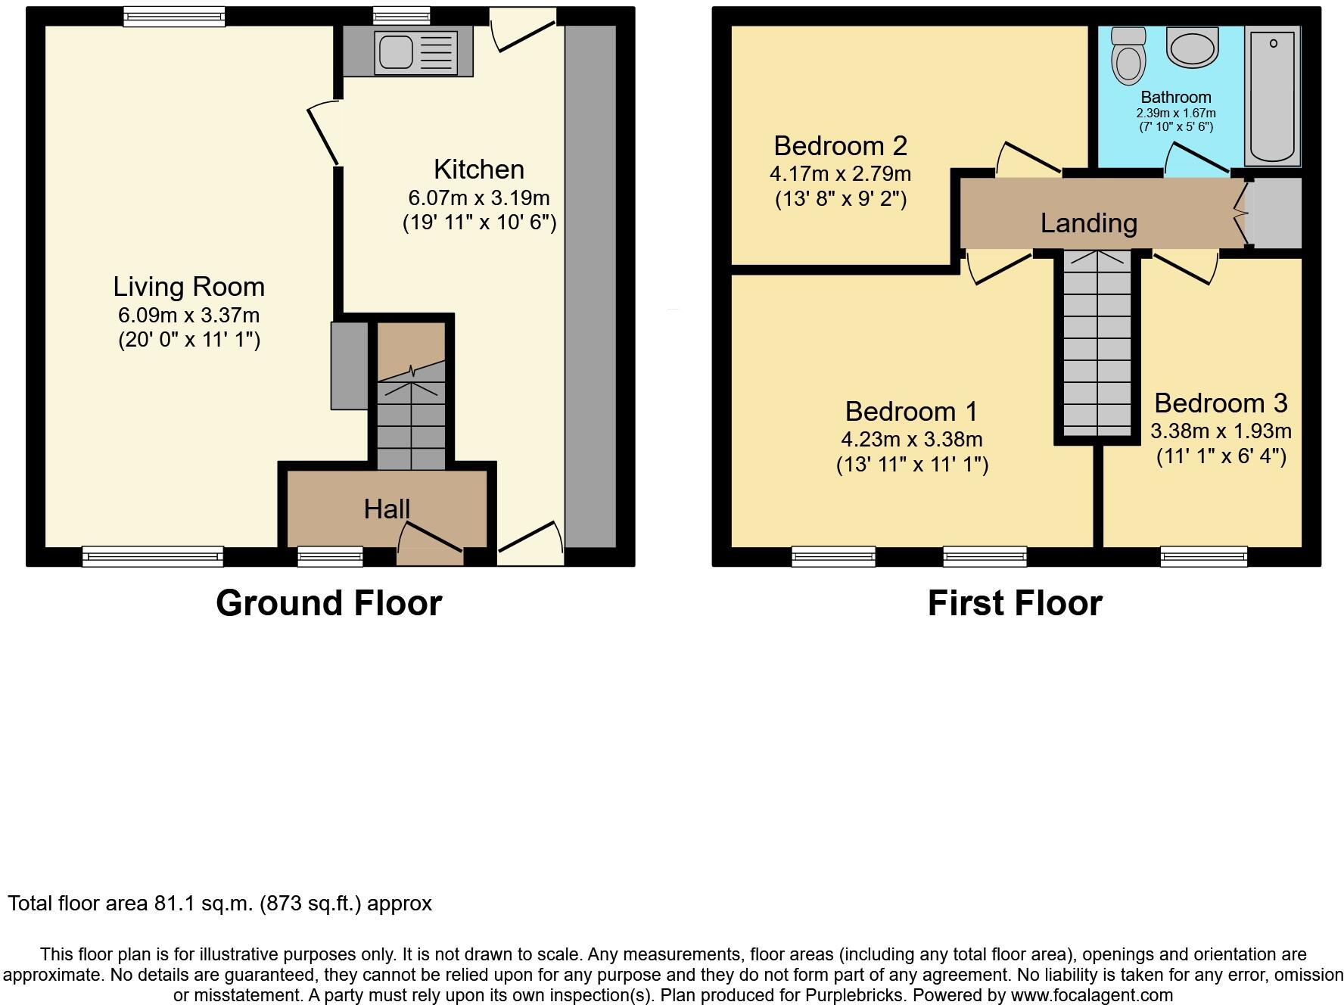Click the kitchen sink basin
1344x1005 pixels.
coord(396,52)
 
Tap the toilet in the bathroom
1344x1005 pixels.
coord(1128,57)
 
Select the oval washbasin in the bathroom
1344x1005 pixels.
coord(1193,48)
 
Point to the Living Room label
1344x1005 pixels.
coord(188,287)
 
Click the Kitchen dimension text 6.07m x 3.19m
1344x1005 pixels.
coord(478,198)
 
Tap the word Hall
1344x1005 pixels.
coord(387,509)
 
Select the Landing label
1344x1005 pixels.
coord(1088,223)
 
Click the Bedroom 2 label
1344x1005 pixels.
coord(840,145)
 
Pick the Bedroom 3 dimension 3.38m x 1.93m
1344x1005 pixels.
coord(1221,431)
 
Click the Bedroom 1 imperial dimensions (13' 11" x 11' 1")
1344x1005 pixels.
coord(912,464)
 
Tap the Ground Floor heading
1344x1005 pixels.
coord(328,603)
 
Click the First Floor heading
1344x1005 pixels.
coord(1014,603)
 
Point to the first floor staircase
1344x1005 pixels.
coord(1097,344)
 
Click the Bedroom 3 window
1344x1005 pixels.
coord(1203,557)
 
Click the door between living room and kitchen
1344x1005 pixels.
coord(324,135)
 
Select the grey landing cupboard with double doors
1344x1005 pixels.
coord(1275,213)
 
